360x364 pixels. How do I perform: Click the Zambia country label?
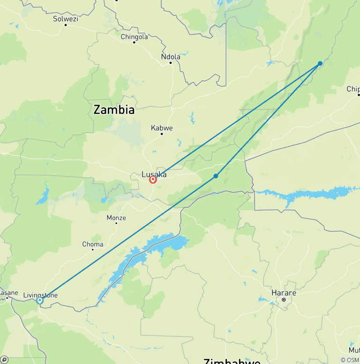point(114,110)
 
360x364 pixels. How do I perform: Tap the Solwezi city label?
point(65,19)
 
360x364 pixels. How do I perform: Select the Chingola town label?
point(134,37)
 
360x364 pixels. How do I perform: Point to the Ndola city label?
point(170,57)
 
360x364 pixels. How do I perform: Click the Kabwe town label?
point(162,128)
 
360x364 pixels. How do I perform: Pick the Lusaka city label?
point(154,174)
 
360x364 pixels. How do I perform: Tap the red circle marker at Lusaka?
point(153,180)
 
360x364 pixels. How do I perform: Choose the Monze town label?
point(116,218)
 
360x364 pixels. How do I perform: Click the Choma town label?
point(93,244)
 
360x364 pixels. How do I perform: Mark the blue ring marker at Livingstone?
point(40,301)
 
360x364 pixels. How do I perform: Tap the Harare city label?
point(284,293)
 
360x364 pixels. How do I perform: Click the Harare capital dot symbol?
point(284,299)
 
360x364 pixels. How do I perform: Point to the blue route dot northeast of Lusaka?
point(320,63)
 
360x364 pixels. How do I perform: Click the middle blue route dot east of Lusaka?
point(216,176)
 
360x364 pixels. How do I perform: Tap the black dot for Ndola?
point(171,62)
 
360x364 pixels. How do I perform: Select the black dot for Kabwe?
point(162,134)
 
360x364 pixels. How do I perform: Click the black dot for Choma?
point(93,250)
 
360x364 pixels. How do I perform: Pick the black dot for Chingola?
point(134,42)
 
